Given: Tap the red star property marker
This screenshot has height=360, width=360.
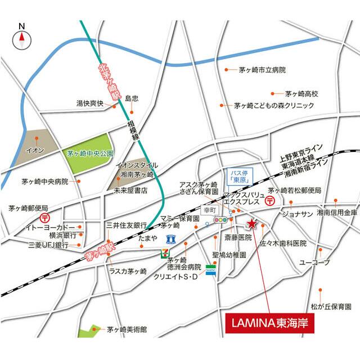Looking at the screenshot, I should (251, 224).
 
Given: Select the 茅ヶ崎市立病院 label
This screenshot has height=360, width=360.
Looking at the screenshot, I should (262, 70).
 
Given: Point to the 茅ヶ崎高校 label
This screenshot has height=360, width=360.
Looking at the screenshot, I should (301, 93).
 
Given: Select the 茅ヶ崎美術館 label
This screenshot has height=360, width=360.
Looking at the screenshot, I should (127, 330).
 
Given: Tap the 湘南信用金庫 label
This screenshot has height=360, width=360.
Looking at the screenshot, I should (336, 213).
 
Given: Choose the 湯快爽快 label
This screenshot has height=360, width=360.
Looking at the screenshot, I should (90, 103).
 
